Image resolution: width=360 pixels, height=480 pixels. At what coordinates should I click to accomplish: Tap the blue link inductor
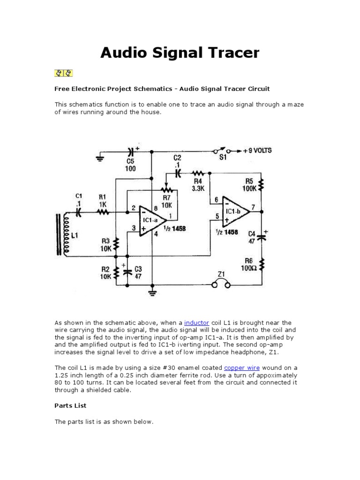(196, 323)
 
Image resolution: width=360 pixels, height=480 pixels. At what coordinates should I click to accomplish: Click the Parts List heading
(70, 405)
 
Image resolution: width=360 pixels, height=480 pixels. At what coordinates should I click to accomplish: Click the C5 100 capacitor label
(130, 165)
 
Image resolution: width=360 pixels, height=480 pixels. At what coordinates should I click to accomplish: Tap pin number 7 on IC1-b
(253, 207)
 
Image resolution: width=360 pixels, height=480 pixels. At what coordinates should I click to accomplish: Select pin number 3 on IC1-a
(134, 228)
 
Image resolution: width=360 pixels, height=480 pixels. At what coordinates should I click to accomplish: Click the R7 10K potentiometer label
(167, 202)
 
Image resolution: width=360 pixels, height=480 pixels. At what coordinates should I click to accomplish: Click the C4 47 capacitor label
(252, 237)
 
